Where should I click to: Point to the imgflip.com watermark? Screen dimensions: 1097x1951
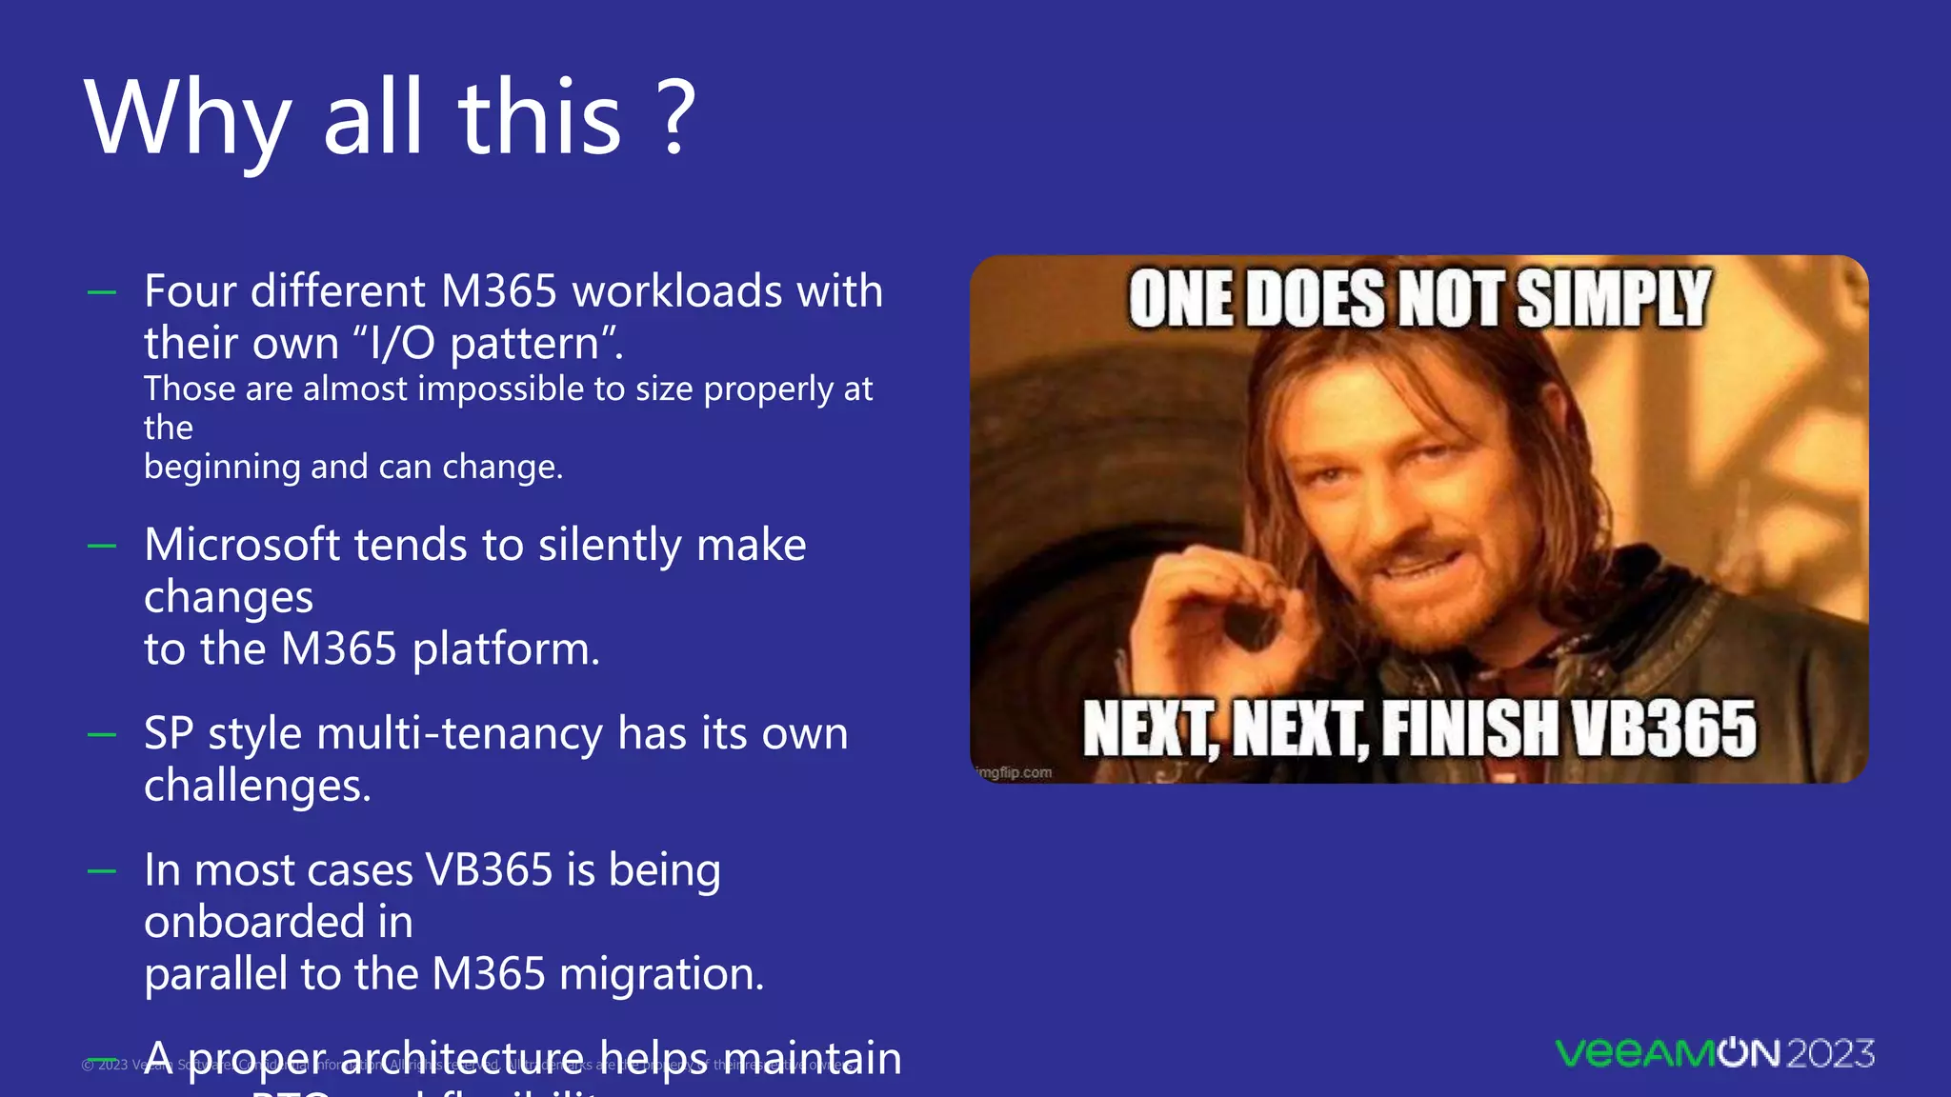point(1015,772)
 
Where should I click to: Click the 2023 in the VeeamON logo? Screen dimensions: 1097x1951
point(1830,1053)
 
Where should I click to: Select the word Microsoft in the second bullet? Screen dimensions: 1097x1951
point(240,545)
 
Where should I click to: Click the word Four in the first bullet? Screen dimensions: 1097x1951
point(189,291)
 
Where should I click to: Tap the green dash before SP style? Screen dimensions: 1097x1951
point(102,735)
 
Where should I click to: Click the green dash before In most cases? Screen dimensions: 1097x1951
point(102,871)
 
